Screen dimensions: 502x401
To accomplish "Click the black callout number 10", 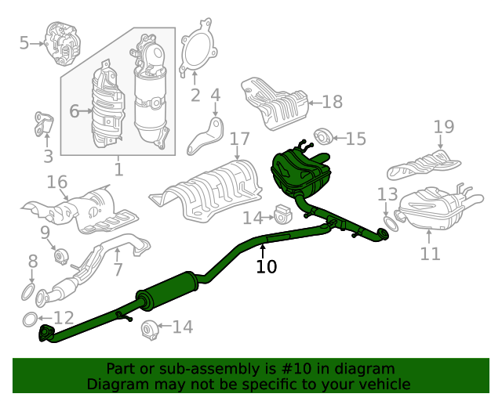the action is coord(267,266).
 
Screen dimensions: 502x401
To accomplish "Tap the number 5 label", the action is coord(24,43).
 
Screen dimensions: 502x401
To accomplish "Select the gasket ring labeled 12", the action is coord(31,319).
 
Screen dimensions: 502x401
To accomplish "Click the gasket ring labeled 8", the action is coord(28,292).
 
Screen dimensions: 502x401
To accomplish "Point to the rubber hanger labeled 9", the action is coord(60,256).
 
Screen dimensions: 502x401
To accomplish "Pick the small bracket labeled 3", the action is coord(44,124).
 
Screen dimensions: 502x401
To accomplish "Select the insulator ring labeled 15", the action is coord(322,136).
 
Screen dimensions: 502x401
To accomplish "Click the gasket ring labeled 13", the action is coord(391,223).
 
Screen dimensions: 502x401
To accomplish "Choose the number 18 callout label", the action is coord(333,102).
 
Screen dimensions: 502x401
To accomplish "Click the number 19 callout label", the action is coord(444,127).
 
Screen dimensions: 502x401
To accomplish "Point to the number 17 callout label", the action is coord(239,139).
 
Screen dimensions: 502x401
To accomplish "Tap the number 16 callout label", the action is coord(57,182).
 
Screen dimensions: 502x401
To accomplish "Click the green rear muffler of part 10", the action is coord(300,172).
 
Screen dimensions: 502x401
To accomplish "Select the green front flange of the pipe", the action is coord(45,333).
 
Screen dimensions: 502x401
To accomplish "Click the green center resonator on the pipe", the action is coord(167,291).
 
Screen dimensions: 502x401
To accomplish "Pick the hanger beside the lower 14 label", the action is coord(149,330).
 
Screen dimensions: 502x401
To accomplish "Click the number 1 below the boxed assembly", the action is coord(118,169).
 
